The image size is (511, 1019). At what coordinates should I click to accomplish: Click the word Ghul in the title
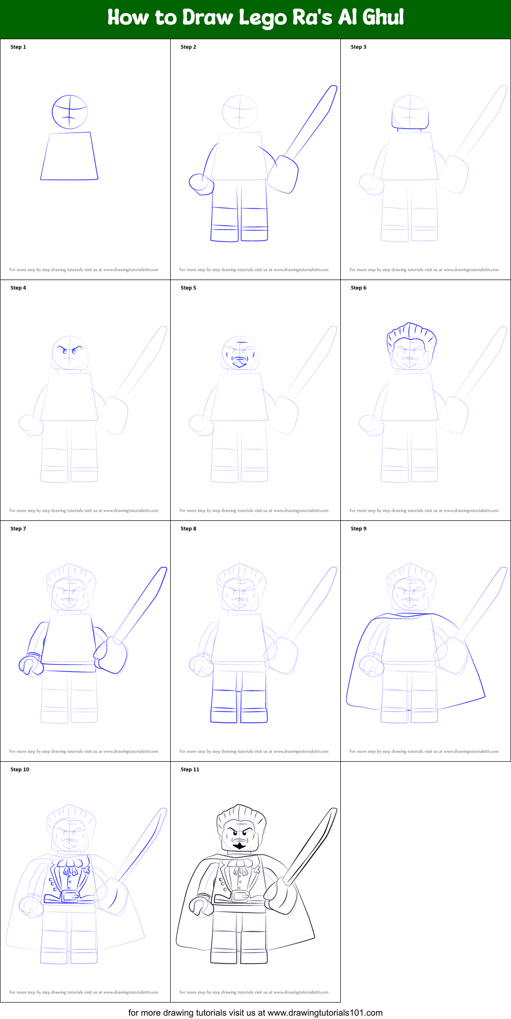383,17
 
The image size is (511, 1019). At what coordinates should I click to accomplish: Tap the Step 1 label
18,47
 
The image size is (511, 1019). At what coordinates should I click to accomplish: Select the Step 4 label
18,288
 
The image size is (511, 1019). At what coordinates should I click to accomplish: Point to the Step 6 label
358,288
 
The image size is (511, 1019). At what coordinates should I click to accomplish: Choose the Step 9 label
358,529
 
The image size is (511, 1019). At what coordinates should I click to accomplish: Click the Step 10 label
20,769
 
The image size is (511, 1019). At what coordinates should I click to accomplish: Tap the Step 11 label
190,769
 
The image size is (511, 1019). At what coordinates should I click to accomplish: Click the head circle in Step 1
70,112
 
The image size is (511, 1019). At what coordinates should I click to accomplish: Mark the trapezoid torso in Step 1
69,157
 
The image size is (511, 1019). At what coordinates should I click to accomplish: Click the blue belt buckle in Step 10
71,896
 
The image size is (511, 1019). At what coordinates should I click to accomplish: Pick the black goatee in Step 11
239,845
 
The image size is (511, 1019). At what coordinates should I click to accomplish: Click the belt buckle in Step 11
240,896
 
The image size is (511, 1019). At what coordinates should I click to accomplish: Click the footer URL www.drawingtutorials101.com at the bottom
325,1012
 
